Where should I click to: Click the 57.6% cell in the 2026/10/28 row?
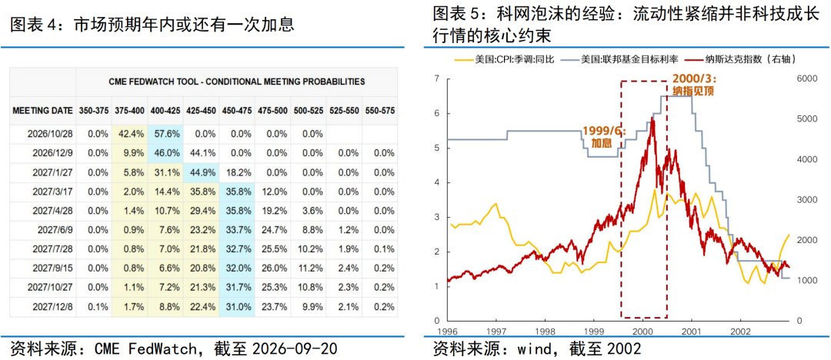coord(165,134)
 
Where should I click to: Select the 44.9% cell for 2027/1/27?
coord(201,172)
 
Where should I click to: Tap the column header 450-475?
coord(236,111)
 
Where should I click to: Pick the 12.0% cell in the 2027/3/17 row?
coord(273,191)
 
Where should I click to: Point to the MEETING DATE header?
coord(43,111)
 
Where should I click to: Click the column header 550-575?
coord(379,111)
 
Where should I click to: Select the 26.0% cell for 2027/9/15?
coord(273,268)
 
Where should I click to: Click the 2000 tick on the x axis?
coord(642,330)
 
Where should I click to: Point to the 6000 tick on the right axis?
coord(806,78)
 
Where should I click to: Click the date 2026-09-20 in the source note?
coord(295,349)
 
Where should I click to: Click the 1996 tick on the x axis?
coord(449,330)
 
